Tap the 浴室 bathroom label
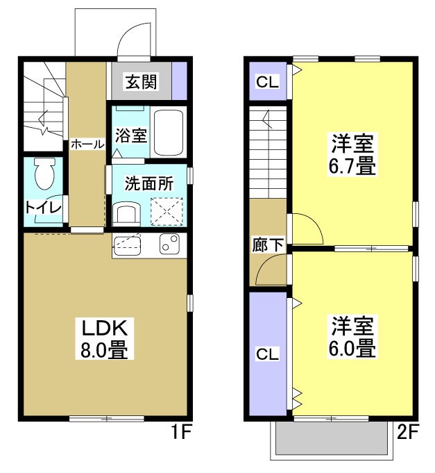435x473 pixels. pos(131,135)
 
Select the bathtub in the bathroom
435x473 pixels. pos(168,132)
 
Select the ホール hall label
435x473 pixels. pos(87,144)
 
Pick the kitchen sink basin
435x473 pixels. pos(127,244)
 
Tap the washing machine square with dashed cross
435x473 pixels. pos(167,210)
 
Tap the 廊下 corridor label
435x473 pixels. pos(268,244)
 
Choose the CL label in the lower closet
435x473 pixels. pos(268,354)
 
